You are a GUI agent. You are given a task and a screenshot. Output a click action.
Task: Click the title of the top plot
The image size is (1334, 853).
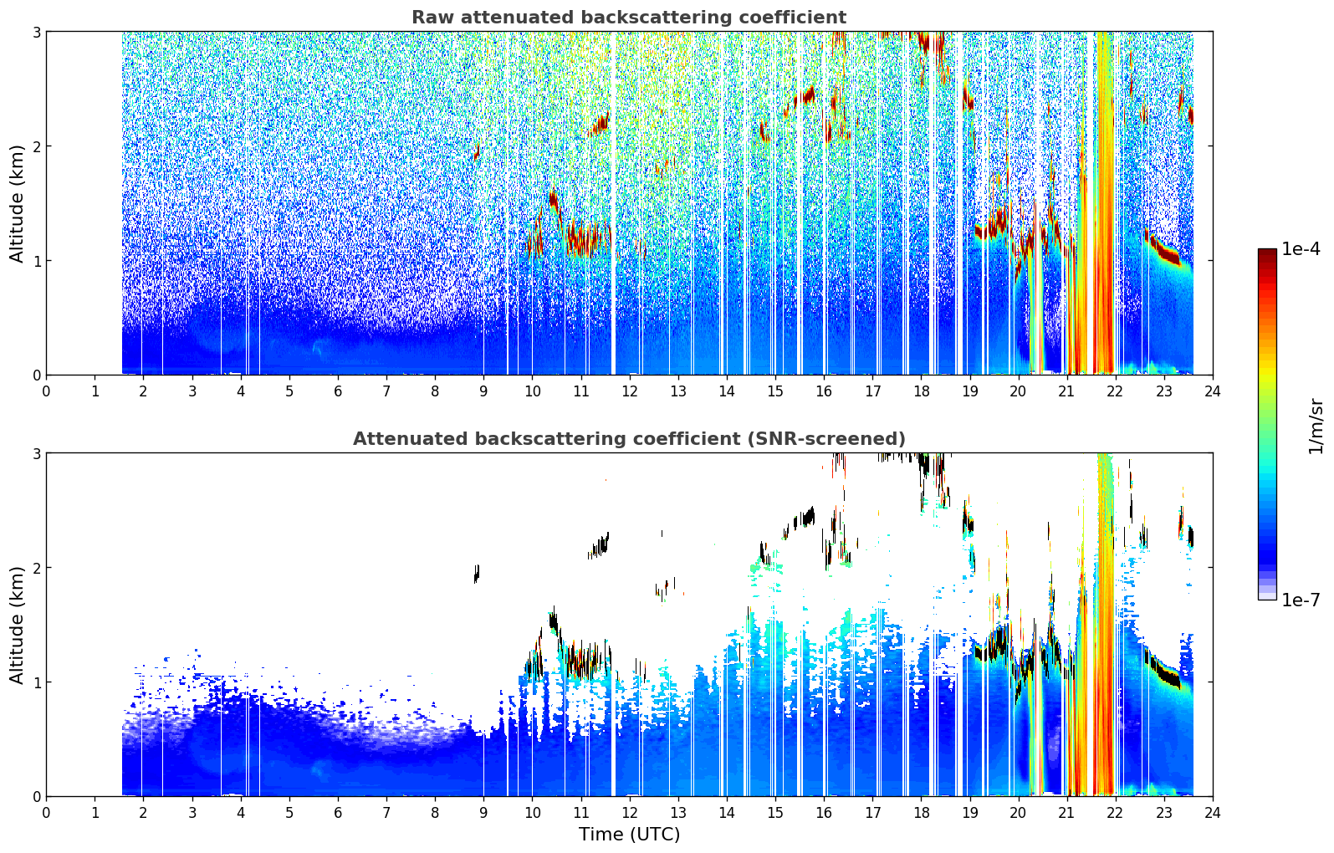(x=629, y=18)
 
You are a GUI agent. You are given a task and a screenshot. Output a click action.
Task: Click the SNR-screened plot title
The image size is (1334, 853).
(x=629, y=438)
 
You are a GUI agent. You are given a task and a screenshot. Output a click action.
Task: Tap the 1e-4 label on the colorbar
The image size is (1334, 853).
(x=1301, y=249)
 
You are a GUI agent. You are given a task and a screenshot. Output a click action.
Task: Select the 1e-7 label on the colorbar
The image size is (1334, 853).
(x=1301, y=600)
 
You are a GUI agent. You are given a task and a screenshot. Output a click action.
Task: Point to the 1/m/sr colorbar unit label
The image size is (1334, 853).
(x=1315, y=426)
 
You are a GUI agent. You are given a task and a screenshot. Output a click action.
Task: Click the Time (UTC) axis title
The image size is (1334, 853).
(x=629, y=834)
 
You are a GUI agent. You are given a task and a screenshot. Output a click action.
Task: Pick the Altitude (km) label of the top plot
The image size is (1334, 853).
(x=17, y=204)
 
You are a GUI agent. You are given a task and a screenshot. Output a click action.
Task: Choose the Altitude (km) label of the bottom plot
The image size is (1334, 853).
(x=17, y=625)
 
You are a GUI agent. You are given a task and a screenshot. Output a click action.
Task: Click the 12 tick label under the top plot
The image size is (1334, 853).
(x=630, y=391)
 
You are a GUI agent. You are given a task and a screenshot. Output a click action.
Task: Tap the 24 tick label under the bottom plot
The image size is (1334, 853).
(x=1213, y=813)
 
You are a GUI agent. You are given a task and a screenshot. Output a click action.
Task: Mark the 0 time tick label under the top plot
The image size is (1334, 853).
(x=47, y=391)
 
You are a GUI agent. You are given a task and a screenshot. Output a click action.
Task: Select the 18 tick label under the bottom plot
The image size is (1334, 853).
(x=922, y=813)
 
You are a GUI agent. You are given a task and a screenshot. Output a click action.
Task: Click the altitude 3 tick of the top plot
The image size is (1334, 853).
(x=36, y=32)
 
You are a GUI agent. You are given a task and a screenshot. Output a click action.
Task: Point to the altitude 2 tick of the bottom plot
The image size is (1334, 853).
(x=36, y=568)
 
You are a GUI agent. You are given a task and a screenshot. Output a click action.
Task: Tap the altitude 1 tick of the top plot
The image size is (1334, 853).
(x=36, y=261)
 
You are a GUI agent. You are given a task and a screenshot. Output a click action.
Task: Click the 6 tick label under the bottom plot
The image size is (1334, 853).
(x=338, y=813)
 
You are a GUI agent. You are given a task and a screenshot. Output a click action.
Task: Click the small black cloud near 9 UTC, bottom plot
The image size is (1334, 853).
(x=477, y=574)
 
